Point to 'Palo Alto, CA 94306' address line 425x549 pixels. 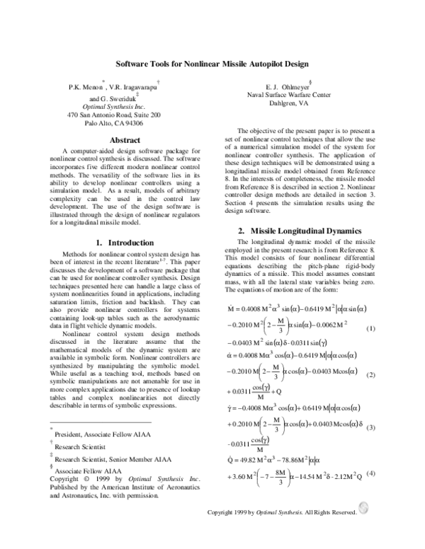pyautogui.click(x=114, y=122)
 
